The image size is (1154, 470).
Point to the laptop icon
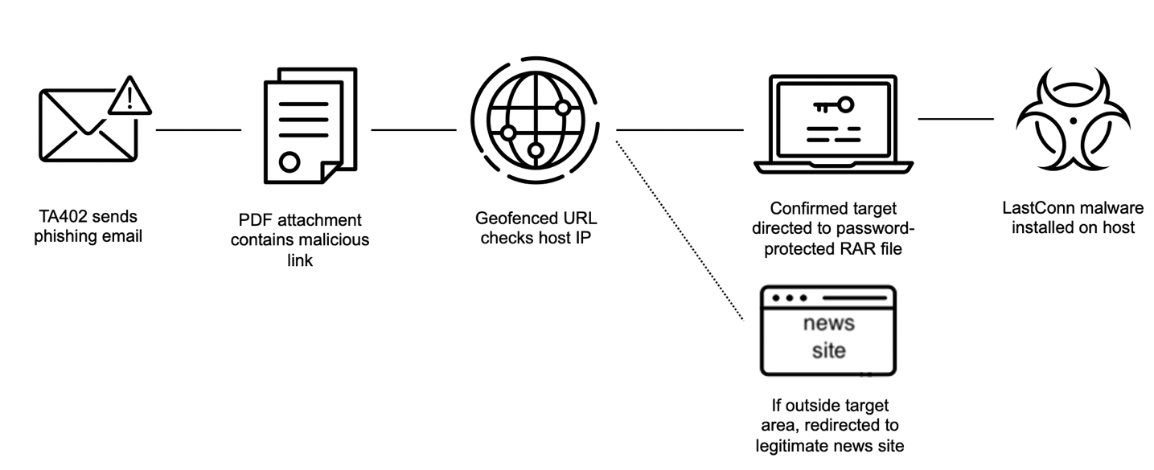(x=832, y=125)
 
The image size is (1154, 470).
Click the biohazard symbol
(x=1072, y=122)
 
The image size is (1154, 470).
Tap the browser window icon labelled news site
(x=828, y=331)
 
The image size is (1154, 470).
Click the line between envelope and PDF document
(x=199, y=129)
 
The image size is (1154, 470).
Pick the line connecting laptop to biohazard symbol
(x=955, y=119)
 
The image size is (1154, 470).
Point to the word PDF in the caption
(x=255, y=220)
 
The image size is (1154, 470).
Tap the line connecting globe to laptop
(x=680, y=129)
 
